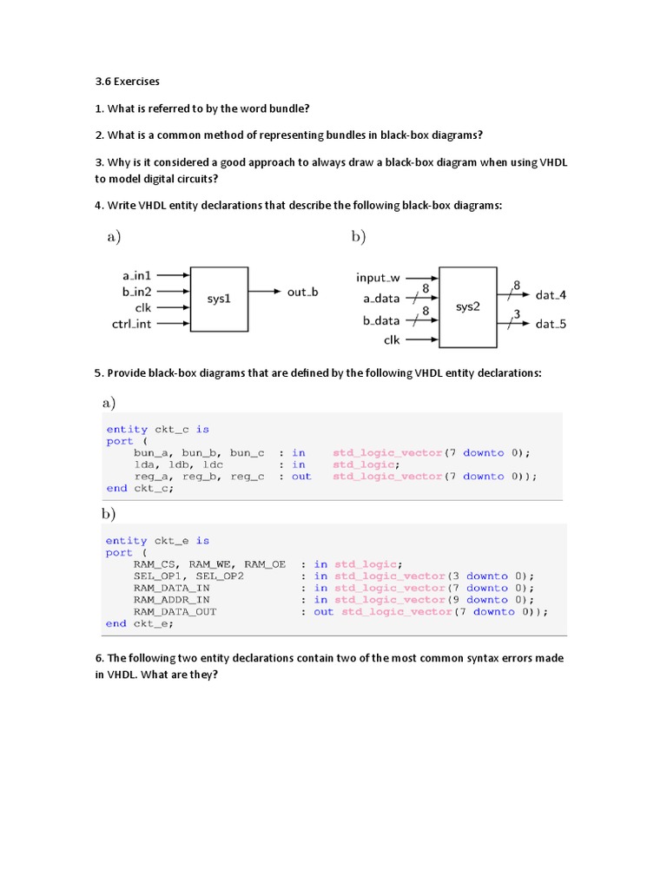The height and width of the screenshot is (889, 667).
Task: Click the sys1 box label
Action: coord(219,299)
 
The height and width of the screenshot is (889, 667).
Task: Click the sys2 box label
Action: coord(467,306)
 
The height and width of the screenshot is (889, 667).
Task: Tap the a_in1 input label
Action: coord(137,275)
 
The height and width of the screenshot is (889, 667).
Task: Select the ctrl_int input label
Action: coord(132,324)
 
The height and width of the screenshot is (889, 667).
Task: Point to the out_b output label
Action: coord(302,292)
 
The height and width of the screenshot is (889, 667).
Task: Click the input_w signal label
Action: coord(378,278)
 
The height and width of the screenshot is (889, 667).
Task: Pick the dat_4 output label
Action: coord(551,295)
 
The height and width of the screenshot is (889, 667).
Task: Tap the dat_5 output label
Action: coord(551,324)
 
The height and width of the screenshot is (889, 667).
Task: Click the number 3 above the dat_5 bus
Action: coord(517,313)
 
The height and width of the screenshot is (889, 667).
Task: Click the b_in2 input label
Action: coord(137,292)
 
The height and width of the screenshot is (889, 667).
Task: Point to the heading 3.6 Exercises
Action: coord(128,82)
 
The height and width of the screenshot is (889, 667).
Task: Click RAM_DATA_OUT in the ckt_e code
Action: coord(175,611)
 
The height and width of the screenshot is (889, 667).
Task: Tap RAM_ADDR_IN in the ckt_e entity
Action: coord(171,599)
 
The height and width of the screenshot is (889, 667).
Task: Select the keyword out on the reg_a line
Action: coord(300,476)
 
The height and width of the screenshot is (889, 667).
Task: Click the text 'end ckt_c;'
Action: coord(140,488)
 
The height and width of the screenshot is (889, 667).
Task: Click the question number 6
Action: coord(98,658)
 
